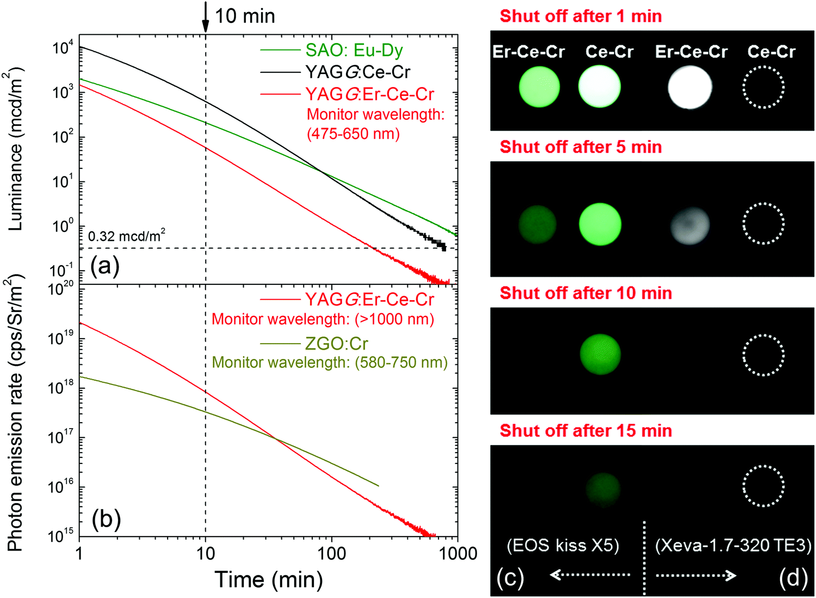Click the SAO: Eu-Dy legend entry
point(354,50)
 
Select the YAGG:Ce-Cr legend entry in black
point(357,72)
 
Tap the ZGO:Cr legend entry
point(336,344)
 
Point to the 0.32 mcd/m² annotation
point(126,236)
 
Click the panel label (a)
point(105,266)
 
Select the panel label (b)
point(106,519)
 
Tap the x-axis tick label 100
point(331,554)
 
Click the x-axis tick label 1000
point(458,554)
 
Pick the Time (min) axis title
point(269,579)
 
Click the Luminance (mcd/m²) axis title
point(15,150)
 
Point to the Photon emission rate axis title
point(15,414)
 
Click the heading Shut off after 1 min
point(580,16)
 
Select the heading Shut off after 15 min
point(586,431)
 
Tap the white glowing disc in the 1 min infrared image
point(690,88)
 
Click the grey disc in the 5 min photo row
point(690,225)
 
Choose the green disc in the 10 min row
point(600,355)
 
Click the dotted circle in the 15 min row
point(763,486)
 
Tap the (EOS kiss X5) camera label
point(563,545)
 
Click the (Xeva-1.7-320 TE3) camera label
point(733,545)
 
